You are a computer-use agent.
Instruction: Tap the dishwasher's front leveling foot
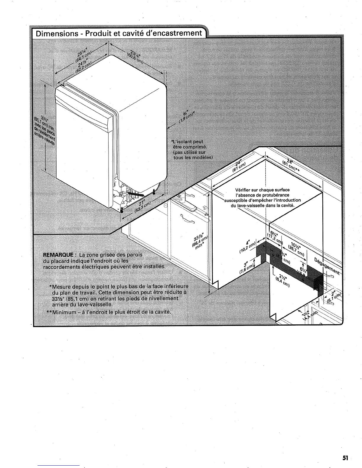[122, 210]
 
